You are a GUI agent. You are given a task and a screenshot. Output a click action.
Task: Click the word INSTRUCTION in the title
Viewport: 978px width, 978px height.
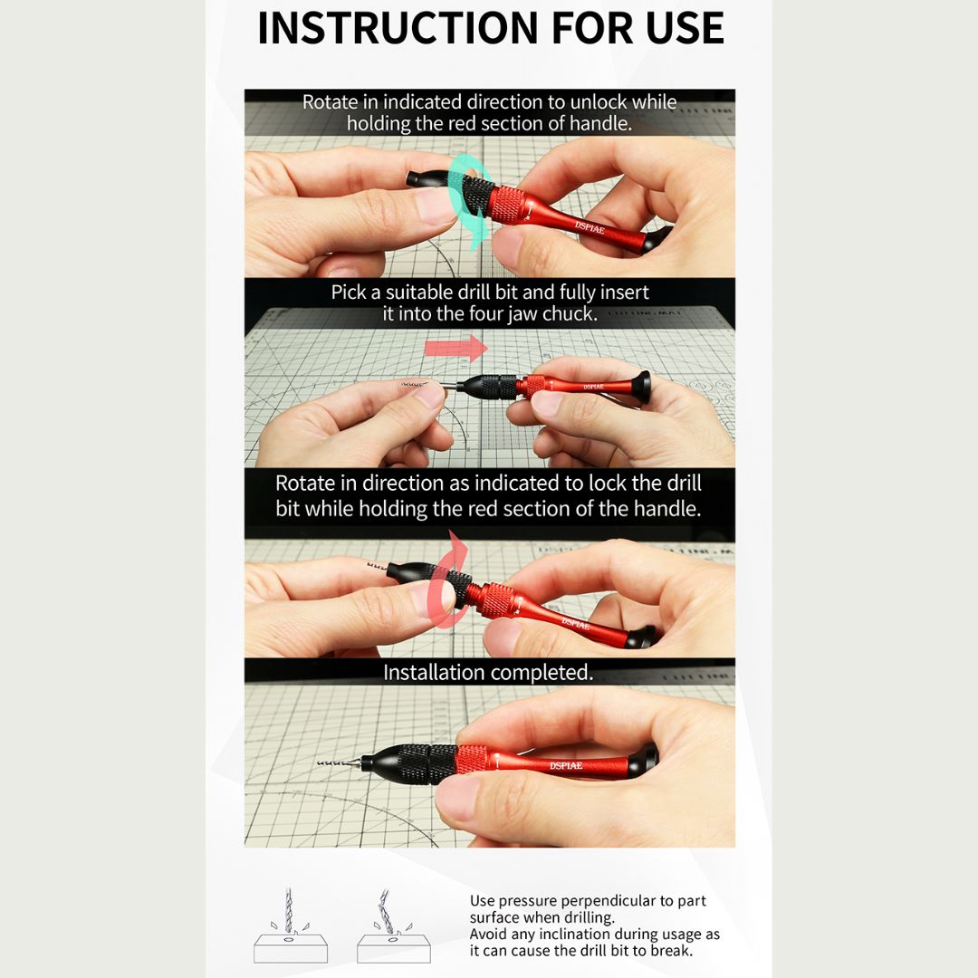coord(398,28)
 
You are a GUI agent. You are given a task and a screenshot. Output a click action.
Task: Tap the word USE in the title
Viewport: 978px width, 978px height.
coord(685,28)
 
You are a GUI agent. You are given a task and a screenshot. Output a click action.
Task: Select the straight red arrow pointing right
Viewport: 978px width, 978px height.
coord(455,348)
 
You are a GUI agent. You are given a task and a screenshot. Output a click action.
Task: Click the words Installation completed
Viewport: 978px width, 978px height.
coord(488,672)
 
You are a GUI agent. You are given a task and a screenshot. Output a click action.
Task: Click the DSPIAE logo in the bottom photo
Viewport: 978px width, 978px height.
coord(566,765)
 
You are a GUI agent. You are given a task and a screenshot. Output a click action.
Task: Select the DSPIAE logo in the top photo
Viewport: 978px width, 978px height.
coord(590,227)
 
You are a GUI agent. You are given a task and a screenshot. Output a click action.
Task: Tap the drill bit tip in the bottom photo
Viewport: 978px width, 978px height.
coord(320,762)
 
